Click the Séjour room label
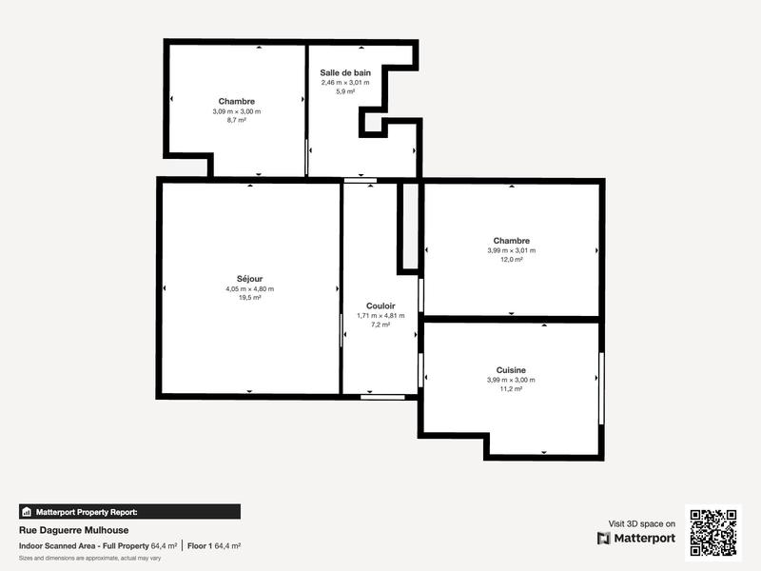pyautogui.click(x=249, y=279)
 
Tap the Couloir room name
pyautogui.click(x=380, y=305)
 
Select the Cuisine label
pyautogui.click(x=511, y=370)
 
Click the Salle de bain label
pyautogui.click(x=345, y=72)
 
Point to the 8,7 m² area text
pyautogui.click(x=236, y=121)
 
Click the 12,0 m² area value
pyautogui.click(x=511, y=260)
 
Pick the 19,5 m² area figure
pyautogui.click(x=249, y=298)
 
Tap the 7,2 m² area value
pyautogui.click(x=380, y=325)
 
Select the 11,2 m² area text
pyautogui.click(x=511, y=389)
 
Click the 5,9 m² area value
pyautogui.click(x=345, y=91)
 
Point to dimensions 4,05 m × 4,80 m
pyautogui.click(x=249, y=288)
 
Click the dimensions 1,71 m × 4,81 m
pyautogui.click(x=380, y=315)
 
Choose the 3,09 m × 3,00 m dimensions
pyautogui.click(x=236, y=111)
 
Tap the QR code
pyautogui.click(x=712, y=533)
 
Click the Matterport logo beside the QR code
pyautogui.click(x=636, y=538)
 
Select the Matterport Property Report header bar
pyautogui.click(x=129, y=511)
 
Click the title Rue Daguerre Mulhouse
pyautogui.click(x=73, y=530)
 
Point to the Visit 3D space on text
pyautogui.click(x=642, y=523)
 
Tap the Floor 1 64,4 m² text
pyautogui.click(x=214, y=545)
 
